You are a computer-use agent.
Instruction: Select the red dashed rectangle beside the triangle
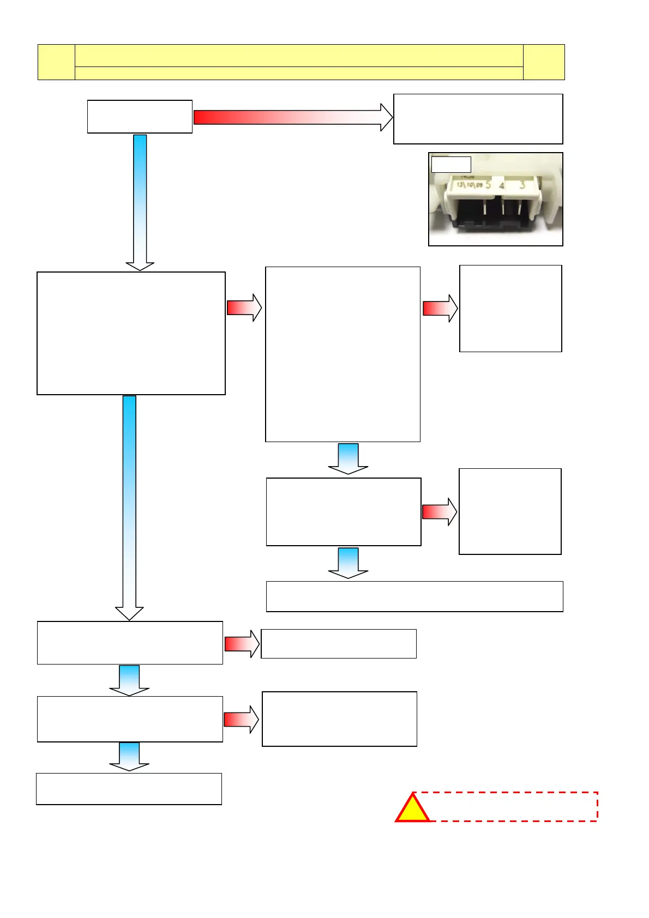tap(513, 806)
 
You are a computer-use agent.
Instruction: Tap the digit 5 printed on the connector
tap(488, 185)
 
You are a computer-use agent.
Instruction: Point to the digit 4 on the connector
tap(502, 186)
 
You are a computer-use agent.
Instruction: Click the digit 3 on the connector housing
tap(522, 185)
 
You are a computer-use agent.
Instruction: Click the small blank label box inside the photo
tap(450, 165)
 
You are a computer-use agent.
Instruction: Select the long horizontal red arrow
tap(292, 117)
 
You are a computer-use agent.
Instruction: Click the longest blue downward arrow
tap(129, 507)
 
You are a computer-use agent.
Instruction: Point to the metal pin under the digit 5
tap(484, 207)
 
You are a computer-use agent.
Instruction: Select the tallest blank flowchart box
tap(342, 354)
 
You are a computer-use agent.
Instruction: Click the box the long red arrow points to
tap(478, 119)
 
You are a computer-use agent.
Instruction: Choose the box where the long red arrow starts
tap(140, 117)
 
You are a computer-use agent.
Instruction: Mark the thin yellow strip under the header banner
tap(298, 74)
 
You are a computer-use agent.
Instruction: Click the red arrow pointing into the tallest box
tap(244, 308)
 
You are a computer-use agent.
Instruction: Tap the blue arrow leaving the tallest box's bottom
tap(348, 458)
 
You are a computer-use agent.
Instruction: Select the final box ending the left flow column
tap(129, 788)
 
